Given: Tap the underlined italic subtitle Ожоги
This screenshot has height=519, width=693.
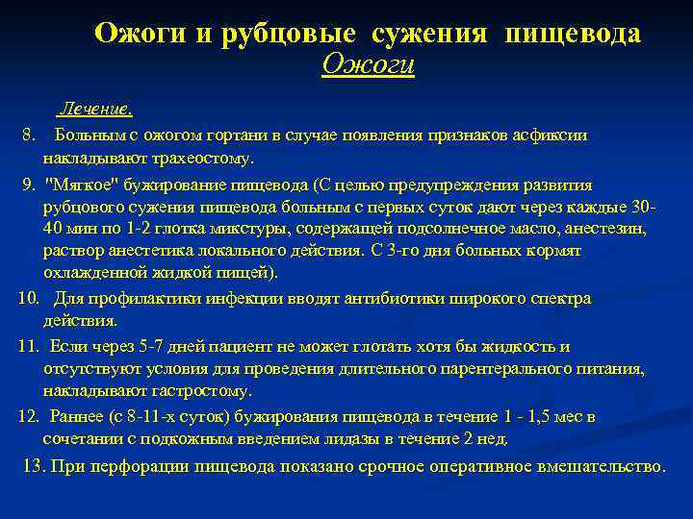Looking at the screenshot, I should [369, 65].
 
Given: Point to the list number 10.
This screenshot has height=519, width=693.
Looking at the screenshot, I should [28, 298].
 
